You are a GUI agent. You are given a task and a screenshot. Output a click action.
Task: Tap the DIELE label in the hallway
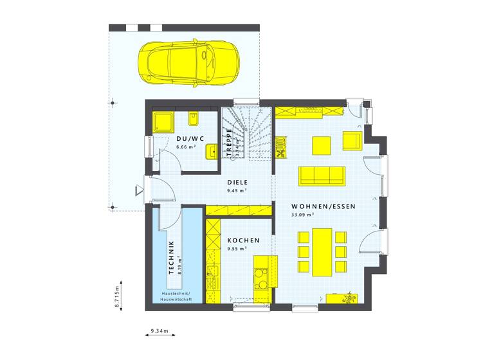pyautogui.click(x=237, y=182)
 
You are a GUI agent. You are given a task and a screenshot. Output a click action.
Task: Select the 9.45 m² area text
pyautogui.click(x=237, y=190)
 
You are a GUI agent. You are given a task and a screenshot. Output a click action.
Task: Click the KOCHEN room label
pyautogui.click(x=243, y=240)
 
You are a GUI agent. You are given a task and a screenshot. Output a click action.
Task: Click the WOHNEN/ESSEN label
pyautogui.click(x=315, y=206)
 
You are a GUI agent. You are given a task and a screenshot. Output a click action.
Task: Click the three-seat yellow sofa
pyautogui.click(x=322, y=175)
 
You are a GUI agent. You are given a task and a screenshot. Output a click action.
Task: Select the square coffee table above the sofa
pyautogui.click(x=322, y=145)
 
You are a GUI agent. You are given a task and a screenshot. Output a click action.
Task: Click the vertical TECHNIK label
pyautogui.click(x=171, y=257)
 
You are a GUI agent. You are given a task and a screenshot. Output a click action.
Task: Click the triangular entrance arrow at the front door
pyautogui.click(x=138, y=190)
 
